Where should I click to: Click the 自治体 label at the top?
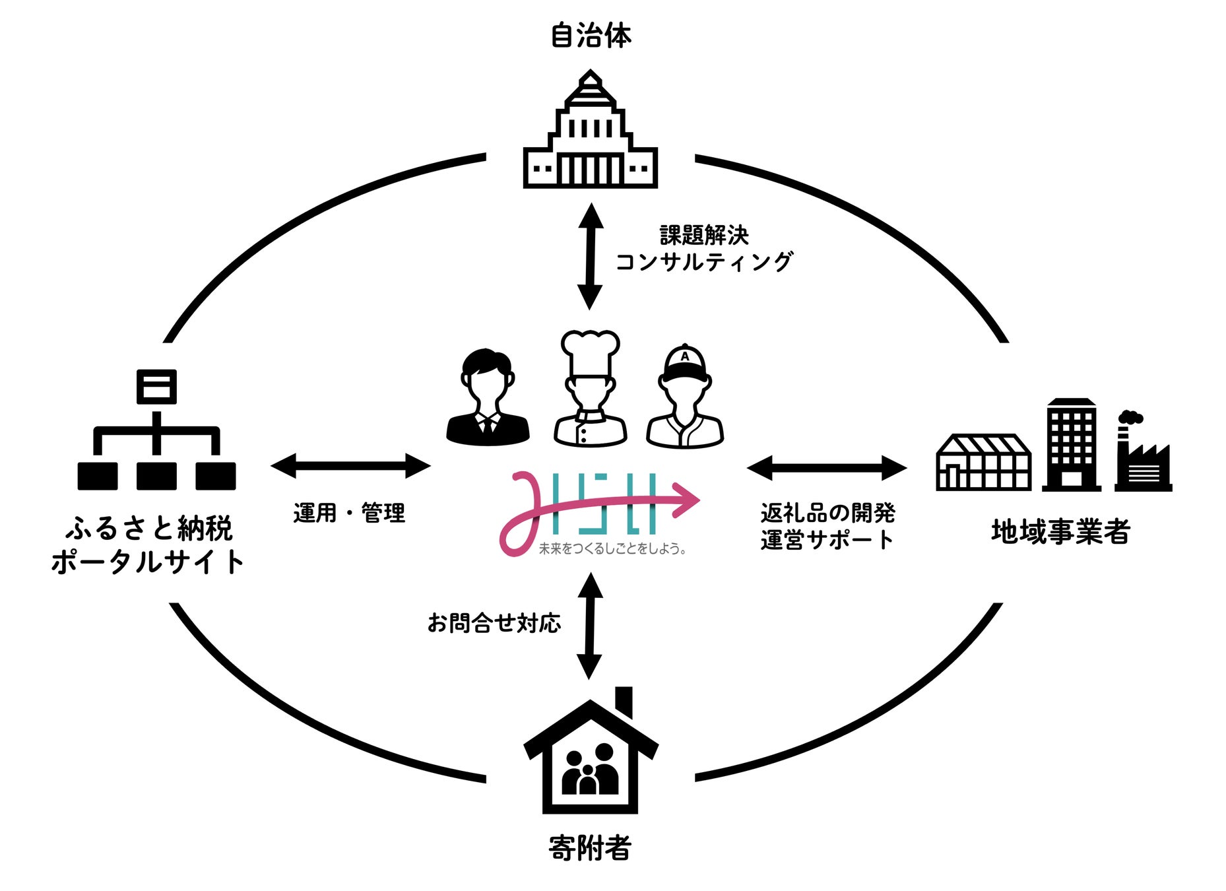click(591, 35)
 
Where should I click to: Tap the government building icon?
click(590, 132)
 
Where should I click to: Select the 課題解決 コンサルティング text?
click(703, 249)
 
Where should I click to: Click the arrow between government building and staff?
click(590, 256)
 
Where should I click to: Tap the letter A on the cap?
click(685, 356)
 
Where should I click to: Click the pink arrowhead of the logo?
click(686, 499)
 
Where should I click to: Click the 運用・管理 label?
click(349, 513)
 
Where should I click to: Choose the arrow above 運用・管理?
click(350, 466)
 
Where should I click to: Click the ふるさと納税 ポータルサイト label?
click(148, 545)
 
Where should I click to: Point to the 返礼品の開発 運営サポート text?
click(827, 526)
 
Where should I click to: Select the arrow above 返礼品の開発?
click(826, 468)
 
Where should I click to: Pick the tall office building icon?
click(1071, 445)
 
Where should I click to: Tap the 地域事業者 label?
click(1060, 531)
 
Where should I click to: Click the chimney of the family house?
click(624, 700)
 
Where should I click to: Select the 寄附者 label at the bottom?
click(590, 848)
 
